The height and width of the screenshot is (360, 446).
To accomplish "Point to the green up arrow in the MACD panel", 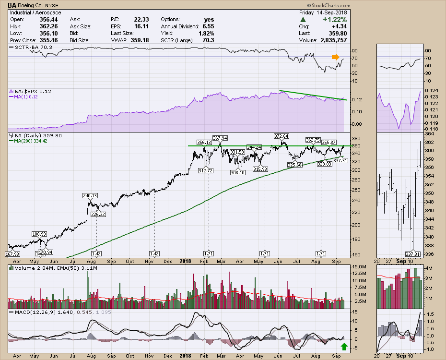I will tap(343, 347).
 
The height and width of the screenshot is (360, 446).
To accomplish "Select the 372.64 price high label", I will tap(282, 136).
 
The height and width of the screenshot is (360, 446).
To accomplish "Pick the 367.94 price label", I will tap(220, 138).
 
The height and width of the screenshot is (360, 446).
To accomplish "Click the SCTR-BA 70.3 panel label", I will tap(26, 48).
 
